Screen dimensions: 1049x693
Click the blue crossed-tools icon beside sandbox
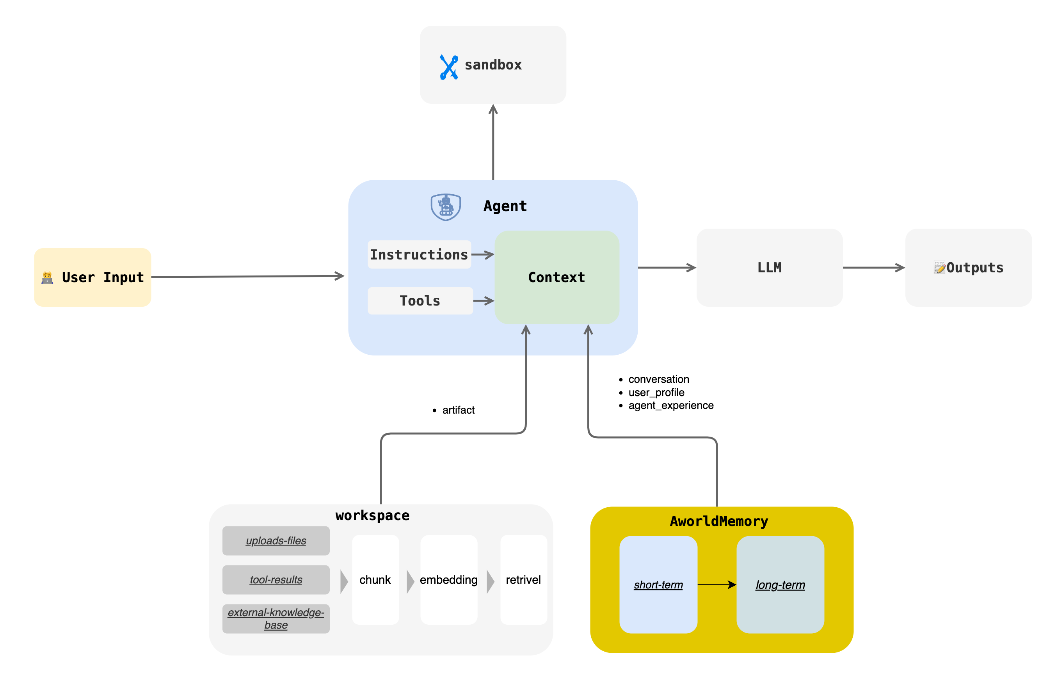[448, 67]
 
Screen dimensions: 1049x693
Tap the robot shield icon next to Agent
[446, 207]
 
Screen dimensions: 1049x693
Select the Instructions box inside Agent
[419, 254]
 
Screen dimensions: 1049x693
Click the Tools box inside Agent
[420, 300]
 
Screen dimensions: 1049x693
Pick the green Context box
[557, 277]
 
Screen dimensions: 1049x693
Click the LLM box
[769, 267]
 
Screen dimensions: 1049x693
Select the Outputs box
[968, 267]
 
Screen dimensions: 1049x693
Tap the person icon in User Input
[47, 277]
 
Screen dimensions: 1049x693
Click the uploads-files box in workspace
[276, 540]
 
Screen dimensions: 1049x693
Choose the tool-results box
[276, 579]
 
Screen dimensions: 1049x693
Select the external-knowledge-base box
[276, 618]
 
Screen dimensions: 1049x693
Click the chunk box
[375, 579]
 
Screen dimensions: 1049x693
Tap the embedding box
[449, 579]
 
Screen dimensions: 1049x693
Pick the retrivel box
[523, 579]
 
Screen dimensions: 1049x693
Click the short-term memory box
[658, 584]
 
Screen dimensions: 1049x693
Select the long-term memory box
[780, 584]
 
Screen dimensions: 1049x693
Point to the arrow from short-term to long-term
[717, 584]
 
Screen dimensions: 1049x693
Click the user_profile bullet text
[656, 392]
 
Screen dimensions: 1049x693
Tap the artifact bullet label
[459, 410]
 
